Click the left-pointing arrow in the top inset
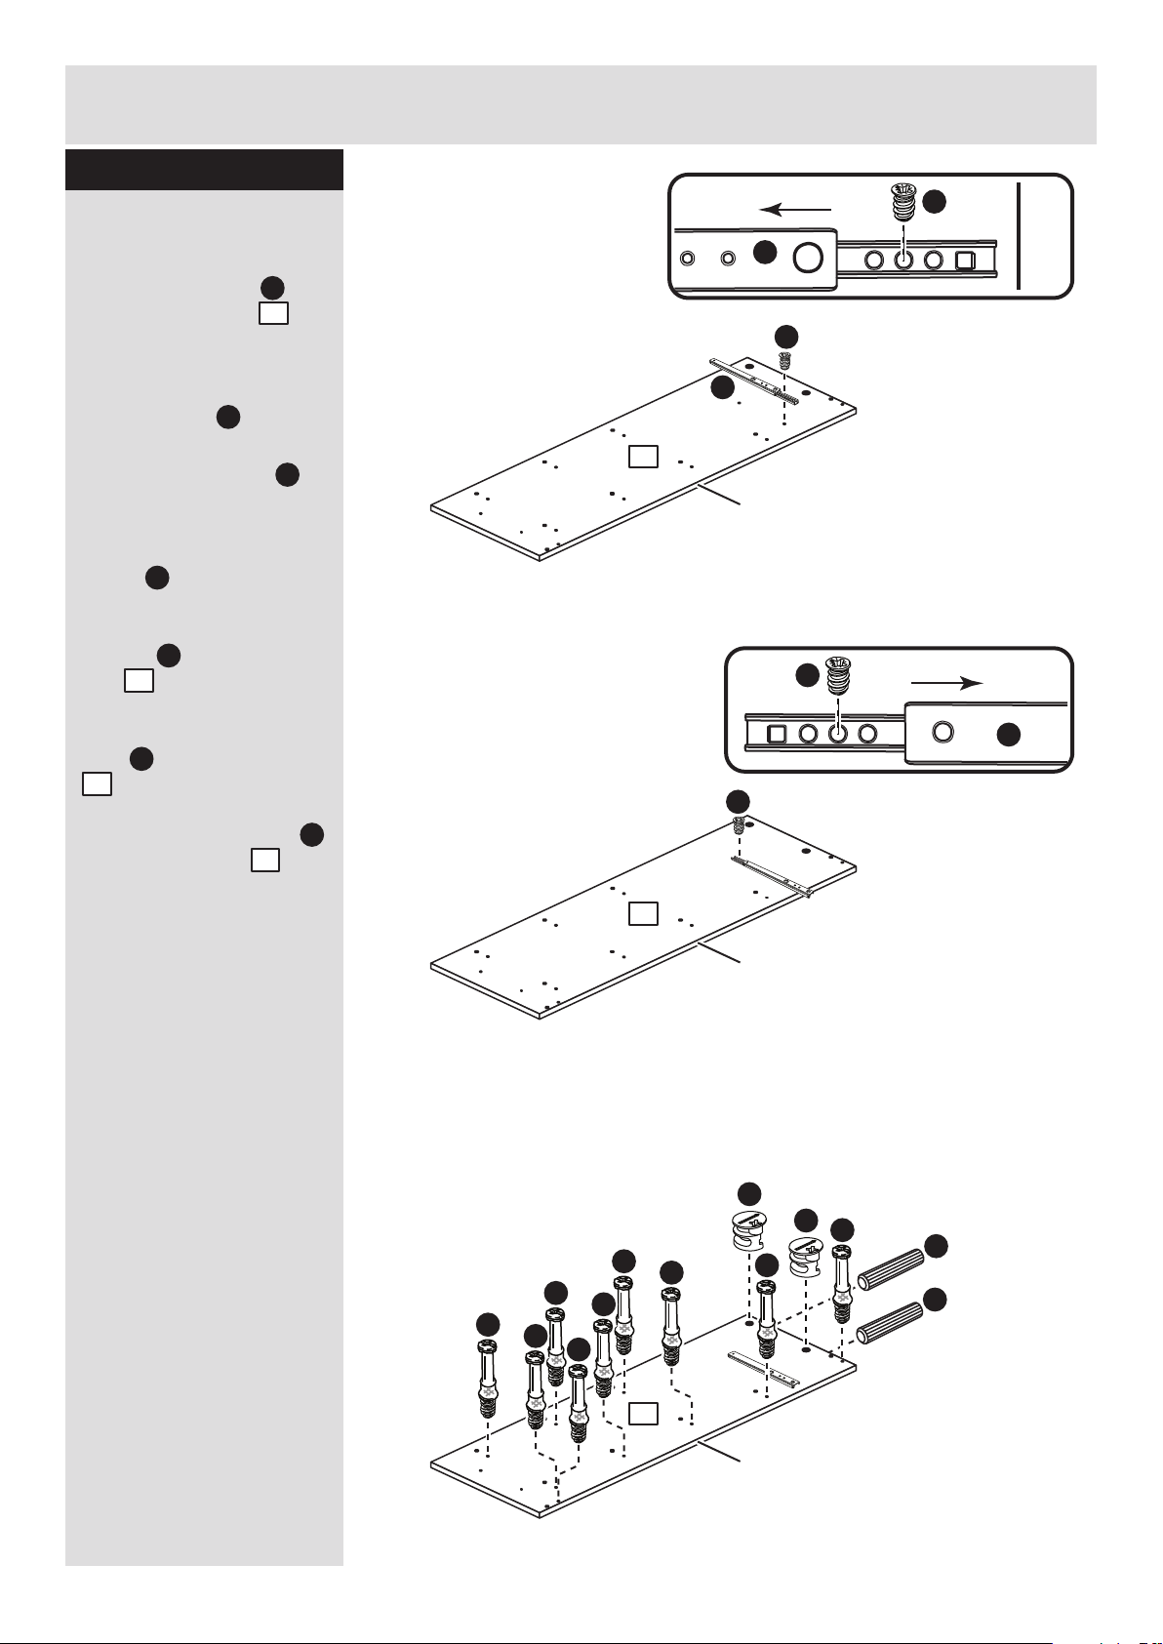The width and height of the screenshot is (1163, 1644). pyautogui.click(x=796, y=209)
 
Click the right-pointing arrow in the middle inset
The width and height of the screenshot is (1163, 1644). pyautogui.click(x=946, y=684)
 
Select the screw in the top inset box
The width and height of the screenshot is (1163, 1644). pyautogui.click(x=904, y=207)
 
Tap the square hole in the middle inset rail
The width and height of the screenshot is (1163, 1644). pyautogui.click(x=777, y=734)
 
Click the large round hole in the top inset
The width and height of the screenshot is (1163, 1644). pyautogui.click(x=806, y=258)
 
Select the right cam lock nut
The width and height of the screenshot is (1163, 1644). pyautogui.click(x=805, y=1258)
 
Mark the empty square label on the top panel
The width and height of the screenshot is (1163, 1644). pyautogui.click(x=642, y=456)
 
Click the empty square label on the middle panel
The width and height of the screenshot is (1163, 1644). pyautogui.click(x=642, y=913)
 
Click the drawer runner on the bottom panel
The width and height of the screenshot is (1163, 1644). pyautogui.click(x=764, y=1368)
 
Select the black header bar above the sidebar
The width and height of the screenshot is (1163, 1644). pyautogui.click(x=204, y=170)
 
